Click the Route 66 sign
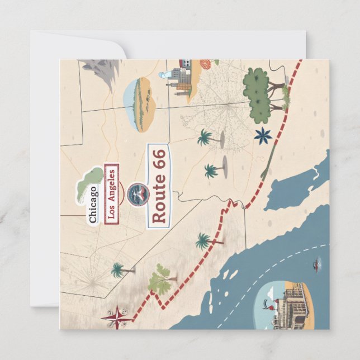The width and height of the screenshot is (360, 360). pos(159,187)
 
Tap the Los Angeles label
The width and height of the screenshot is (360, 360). pos(111,193)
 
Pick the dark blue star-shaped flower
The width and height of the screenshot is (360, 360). pos(263,135)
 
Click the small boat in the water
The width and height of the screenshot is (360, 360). pos(317,262)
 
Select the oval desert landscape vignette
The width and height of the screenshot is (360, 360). pos(140,105)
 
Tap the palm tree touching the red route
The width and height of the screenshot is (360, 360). pos(205,241)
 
